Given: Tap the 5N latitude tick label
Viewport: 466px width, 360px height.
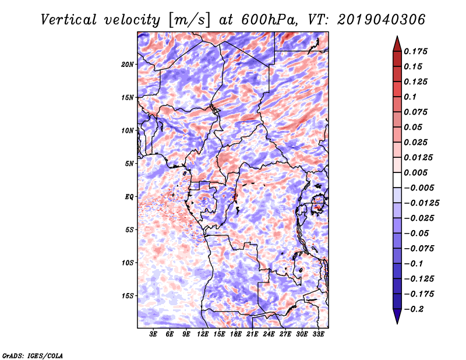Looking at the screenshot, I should tap(129, 163).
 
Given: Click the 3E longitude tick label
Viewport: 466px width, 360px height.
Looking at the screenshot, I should tap(154, 334).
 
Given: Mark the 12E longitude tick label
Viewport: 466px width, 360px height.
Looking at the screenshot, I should tap(203, 334).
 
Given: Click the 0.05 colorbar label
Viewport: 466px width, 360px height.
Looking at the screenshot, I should tap(414, 127).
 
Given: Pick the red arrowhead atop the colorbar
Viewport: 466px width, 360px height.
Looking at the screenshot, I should tap(397, 43).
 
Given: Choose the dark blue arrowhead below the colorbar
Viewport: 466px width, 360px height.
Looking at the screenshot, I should tap(397, 317).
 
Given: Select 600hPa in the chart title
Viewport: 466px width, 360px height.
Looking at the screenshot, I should tap(266, 20).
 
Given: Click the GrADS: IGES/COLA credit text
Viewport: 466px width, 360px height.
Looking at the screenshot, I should tap(33, 355).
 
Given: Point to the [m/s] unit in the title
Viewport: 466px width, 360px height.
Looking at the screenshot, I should tap(189, 20).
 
